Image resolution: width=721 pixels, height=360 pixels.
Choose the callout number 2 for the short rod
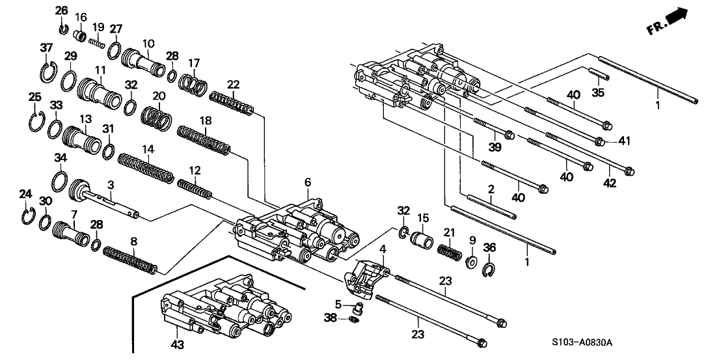click(x=492, y=189)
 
